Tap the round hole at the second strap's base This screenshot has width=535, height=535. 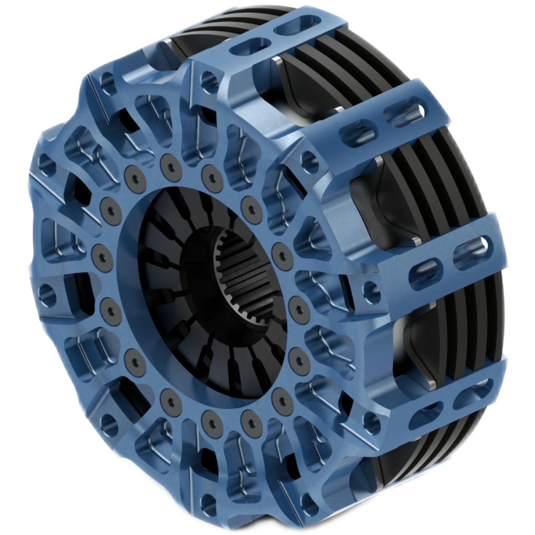coord(308,161)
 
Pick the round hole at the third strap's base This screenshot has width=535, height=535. coord(370,289)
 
